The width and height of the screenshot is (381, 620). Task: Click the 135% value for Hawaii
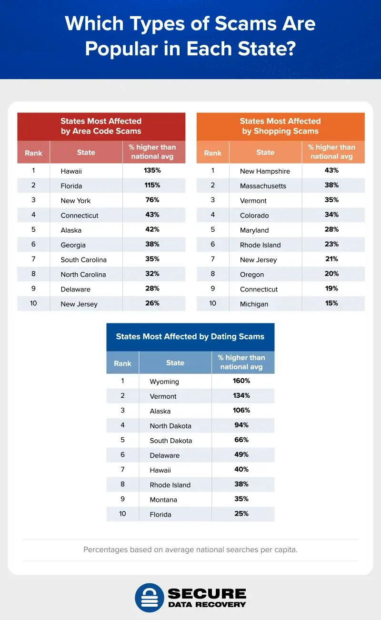point(152,170)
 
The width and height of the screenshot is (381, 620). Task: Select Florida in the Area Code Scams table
point(71,186)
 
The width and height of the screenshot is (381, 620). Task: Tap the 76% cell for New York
point(152,200)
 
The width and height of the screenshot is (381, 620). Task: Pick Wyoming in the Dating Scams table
point(164,382)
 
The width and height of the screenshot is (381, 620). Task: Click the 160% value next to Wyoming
point(241,381)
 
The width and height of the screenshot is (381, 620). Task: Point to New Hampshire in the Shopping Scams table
point(265,171)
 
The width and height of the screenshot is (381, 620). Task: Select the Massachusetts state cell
point(263,186)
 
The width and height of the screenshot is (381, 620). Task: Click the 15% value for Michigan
point(331,303)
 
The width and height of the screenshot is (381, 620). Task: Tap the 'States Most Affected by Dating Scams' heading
point(190,337)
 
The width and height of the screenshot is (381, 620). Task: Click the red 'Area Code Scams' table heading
point(101,126)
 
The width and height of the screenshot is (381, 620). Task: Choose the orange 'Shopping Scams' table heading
point(280,126)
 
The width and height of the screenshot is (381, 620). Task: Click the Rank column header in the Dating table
point(122,363)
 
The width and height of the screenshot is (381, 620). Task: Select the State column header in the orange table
point(265,153)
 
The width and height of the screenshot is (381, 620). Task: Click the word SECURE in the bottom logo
point(207,593)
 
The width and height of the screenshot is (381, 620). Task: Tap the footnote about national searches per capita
point(190,549)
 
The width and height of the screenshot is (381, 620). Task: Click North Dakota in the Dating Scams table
point(170,426)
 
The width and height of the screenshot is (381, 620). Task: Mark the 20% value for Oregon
point(331,273)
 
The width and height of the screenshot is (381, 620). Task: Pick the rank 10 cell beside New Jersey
point(33,303)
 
